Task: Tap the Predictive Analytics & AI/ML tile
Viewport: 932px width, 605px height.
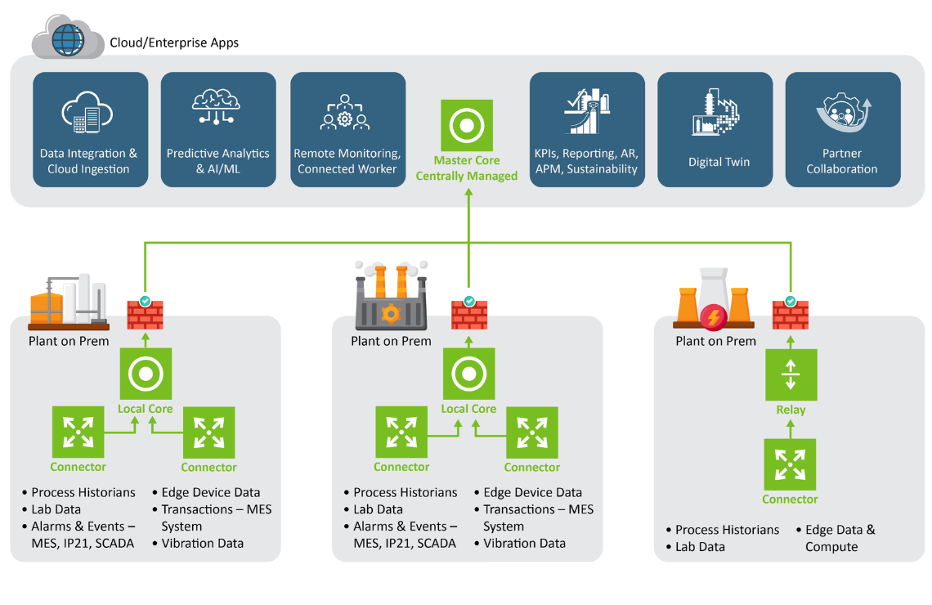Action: pyautogui.click(x=217, y=129)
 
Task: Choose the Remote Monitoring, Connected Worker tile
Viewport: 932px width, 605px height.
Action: pyautogui.click(x=347, y=129)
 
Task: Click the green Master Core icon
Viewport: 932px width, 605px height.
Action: pyautogui.click(x=467, y=126)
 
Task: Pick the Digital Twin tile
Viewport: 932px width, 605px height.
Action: pyautogui.click(x=715, y=129)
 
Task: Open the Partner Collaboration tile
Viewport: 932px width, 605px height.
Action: pyautogui.click(x=842, y=129)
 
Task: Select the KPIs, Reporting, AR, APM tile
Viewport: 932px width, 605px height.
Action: pyautogui.click(x=587, y=129)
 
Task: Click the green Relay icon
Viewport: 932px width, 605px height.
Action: pyautogui.click(x=791, y=374)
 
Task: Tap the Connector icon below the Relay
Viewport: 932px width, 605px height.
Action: pyautogui.click(x=791, y=464)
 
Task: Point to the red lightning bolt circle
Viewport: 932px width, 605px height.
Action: pyautogui.click(x=715, y=317)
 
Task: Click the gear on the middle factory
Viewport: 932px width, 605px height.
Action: pyautogui.click(x=392, y=312)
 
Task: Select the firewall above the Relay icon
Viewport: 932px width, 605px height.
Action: pyautogui.click(x=791, y=314)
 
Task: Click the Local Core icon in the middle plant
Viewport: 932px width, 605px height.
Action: pyautogui.click(x=469, y=374)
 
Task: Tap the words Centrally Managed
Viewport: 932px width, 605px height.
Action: pyautogui.click(x=467, y=176)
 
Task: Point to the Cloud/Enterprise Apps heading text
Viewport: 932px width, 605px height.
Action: pyautogui.click(x=174, y=43)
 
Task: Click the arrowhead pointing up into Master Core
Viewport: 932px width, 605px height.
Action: pyautogui.click(x=469, y=194)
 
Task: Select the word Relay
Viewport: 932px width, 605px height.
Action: pyautogui.click(x=791, y=410)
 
